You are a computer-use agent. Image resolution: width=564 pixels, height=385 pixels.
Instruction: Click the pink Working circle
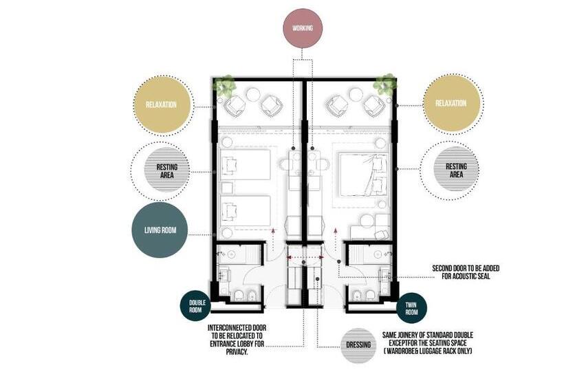pyautogui.click(x=303, y=28)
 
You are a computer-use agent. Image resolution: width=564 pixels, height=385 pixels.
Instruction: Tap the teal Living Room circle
pyautogui.click(x=160, y=230)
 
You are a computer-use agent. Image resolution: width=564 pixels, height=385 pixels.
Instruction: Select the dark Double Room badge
pyautogui.click(x=195, y=306)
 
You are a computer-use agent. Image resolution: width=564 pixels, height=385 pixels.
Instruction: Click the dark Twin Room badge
pyautogui.click(x=411, y=309)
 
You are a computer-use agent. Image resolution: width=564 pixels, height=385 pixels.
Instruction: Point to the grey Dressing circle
pyautogui.click(x=358, y=345)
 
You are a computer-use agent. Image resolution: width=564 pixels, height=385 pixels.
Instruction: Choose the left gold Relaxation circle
pyautogui.click(x=161, y=105)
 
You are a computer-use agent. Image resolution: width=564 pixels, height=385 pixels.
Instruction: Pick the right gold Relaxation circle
pyautogui.click(x=451, y=104)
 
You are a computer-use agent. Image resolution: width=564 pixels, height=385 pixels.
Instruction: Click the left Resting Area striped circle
pyautogui.click(x=166, y=171)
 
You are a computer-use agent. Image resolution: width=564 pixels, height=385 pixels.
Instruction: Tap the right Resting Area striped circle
pyautogui.click(x=456, y=170)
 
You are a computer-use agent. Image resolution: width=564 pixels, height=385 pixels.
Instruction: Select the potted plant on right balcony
pyautogui.click(x=384, y=85)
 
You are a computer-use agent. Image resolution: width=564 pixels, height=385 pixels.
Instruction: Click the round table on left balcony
pyautogui.click(x=253, y=96)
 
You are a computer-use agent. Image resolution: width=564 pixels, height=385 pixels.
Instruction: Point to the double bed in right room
pyautogui.click(x=364, y=175)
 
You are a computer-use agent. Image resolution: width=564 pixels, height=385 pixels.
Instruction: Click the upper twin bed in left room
pyautogui.click(x=246, y=164)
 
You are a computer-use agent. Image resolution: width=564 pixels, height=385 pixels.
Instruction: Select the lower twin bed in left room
pyautogui.click(x=246, y=211)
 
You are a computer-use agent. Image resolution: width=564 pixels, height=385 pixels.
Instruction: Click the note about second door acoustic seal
pyautogui.click(x=466, y=272)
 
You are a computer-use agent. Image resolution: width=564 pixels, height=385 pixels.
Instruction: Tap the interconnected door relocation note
pyautogui.click(x=237, y=340)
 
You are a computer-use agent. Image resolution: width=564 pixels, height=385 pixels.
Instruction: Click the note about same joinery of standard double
pyautogui.click(x=427, y=342)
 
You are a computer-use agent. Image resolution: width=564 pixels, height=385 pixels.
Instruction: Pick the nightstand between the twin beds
pyautogui.click(x=227, y=188)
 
